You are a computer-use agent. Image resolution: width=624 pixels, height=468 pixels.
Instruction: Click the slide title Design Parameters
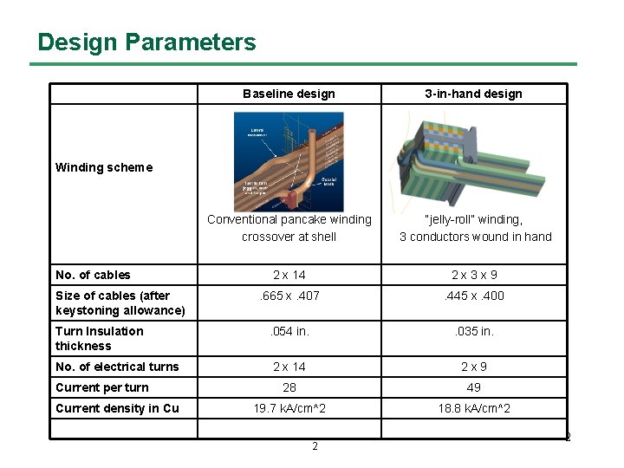[146, 42]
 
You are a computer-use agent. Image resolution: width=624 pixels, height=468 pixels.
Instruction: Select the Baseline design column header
[289, 94]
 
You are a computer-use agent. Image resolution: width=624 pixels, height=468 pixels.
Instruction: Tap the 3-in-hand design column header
[473, 94]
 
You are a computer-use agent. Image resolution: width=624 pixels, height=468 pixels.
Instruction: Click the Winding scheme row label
[103, 167]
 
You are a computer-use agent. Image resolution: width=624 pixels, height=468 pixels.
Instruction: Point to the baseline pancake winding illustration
[289, 161]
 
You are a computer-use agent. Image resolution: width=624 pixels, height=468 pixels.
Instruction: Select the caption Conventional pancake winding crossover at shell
[289, 228]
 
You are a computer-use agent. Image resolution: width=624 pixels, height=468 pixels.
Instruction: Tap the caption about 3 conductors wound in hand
[474, 228]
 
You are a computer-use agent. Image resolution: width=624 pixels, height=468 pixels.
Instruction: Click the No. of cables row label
[93, 275]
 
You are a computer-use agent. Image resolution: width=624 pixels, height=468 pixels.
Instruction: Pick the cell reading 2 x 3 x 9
[473, 275]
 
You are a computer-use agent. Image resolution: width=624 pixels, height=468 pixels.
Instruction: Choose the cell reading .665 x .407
[289, 296]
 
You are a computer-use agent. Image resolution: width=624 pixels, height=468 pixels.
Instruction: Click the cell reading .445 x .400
[473, 296]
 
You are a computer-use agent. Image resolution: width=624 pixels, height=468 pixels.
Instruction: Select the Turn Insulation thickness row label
[99, 338]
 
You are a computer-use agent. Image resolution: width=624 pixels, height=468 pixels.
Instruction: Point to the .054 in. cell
[289, 331]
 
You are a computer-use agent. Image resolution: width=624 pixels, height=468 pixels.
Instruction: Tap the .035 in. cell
[473, 331]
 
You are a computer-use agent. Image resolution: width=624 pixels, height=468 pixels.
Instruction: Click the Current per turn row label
[101, 387]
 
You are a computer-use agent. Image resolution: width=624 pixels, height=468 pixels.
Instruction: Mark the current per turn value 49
[473, 387]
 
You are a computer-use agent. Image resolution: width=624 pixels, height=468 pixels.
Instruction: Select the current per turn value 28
[289, 387]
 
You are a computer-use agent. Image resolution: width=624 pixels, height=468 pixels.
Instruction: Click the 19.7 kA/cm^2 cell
[289, 408]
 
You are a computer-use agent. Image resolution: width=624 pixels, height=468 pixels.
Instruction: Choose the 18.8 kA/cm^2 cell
[473, 408]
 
